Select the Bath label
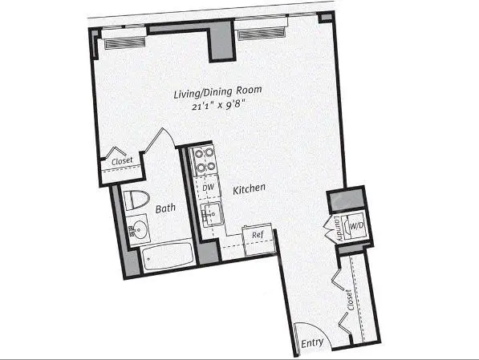tap(165, 208)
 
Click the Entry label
tap(312, 344)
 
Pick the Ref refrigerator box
tap(258, 235)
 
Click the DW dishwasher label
tap(208, 188)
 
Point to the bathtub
tap(167, 258)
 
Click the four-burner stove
tap(205, 160)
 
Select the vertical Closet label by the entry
tap(350, 301)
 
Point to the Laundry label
tap(339, 229)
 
